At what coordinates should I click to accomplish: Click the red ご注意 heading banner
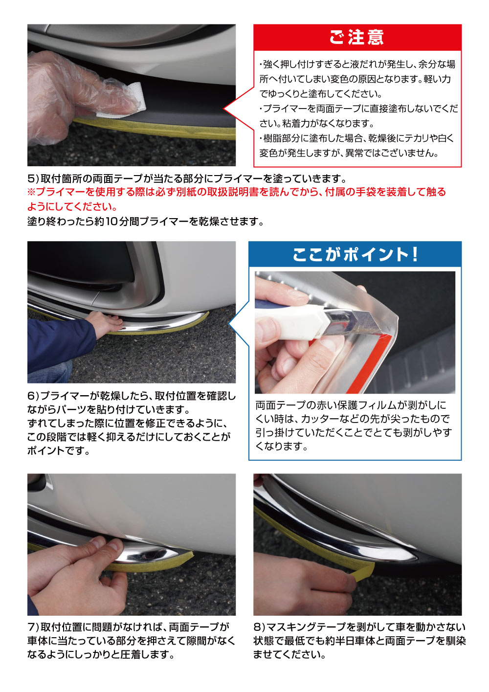tap(357, 38)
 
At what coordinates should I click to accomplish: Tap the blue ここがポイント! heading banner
tap(355, 254)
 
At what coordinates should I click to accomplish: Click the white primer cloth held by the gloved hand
tap(125, 100)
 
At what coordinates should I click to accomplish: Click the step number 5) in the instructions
tap(33, 179)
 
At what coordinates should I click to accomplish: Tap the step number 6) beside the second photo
tap(33, 396)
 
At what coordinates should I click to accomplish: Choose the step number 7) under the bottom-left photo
tap(33, 627)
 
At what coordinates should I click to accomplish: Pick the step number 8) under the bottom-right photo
tap(259, 627)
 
